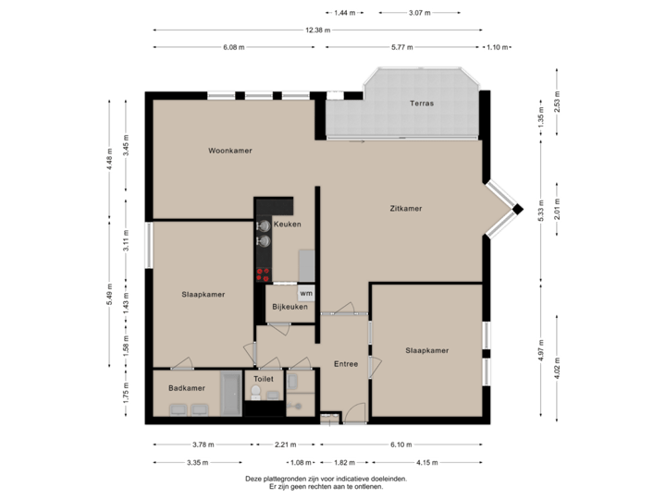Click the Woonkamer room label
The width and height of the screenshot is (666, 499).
230,151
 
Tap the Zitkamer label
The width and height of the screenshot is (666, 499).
406,209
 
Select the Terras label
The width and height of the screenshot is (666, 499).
422,103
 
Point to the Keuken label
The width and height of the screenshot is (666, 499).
287,225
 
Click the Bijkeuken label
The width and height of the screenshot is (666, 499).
289,307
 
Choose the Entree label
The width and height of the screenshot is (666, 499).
346,363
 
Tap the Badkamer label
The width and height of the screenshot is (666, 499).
187,388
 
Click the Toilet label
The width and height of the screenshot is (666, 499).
264,379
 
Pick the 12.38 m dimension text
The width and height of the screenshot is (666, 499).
316,30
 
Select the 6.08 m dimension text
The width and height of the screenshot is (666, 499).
234,46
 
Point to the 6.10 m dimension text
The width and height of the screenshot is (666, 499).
400,444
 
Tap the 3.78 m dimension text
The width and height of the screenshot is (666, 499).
203,444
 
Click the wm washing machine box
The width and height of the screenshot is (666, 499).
306,293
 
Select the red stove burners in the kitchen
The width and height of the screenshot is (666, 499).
264,273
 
